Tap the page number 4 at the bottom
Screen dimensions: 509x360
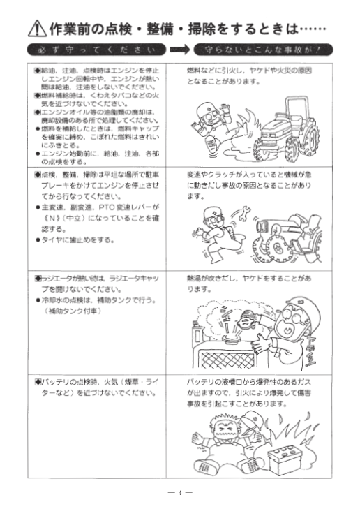[179, 492]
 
